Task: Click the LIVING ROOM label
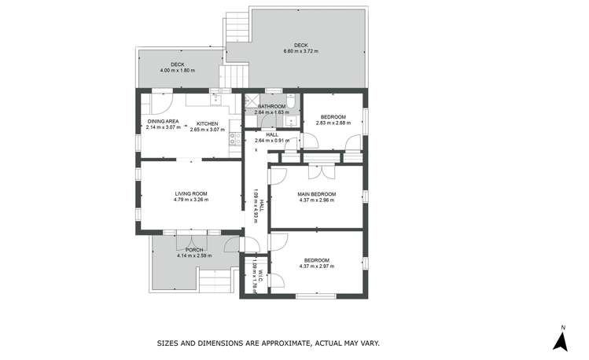[x=190, y=193]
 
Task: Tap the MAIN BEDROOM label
[x=317, y=193]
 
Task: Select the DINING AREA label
[x=163, y=121]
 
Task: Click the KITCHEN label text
[x=208, y=123]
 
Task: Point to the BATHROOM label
[x=271, y=106]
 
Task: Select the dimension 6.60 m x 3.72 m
[x=300, y=51]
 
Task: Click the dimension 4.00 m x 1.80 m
[x=177, y=71]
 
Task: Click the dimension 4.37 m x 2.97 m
[x=317, y=266]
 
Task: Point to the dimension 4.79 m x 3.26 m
[x=190, y=200]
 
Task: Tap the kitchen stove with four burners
[x=234, y=140]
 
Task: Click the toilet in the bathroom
[x=290, y=102]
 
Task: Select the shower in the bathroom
[x=252, y=102]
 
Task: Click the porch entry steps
[x=215, y=279]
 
